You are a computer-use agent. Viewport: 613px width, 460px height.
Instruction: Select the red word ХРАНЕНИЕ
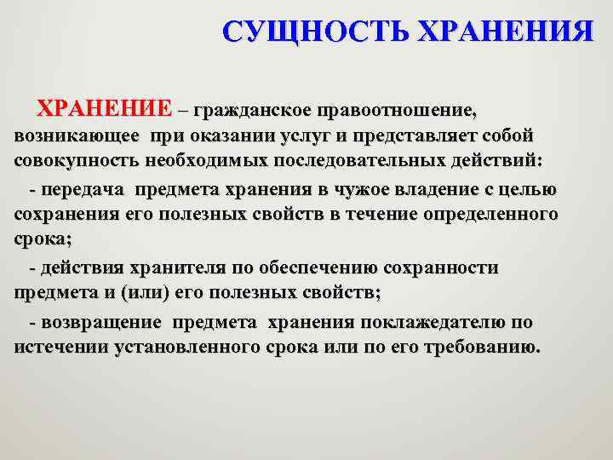[103, 111]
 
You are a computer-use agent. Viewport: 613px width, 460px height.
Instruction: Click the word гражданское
[252, 111]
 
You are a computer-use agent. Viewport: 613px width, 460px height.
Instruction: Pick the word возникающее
[77, 135]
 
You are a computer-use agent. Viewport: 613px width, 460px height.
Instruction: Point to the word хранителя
[175, 268]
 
